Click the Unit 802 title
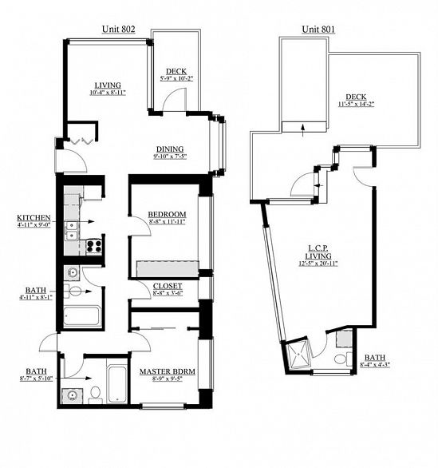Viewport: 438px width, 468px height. (x=117, y=29)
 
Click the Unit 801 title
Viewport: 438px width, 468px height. (x=318, y=29)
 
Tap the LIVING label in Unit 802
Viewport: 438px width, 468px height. (x=107, y=85)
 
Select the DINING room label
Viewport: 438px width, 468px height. (x=169, y=149)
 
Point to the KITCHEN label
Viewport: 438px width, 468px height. (x=34, y=217)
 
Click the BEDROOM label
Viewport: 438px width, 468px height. (x=167, y=215)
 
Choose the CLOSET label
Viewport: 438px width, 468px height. (x=167, y=286)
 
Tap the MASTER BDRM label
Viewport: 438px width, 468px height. (x=168, y=372)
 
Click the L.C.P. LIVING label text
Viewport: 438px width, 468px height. (x=312, y=248)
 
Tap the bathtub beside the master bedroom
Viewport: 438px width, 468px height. (x=117, y=384)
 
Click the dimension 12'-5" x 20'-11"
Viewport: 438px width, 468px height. (x=312, y=264)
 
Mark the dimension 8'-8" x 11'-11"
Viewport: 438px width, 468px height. (x=167, y=224)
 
